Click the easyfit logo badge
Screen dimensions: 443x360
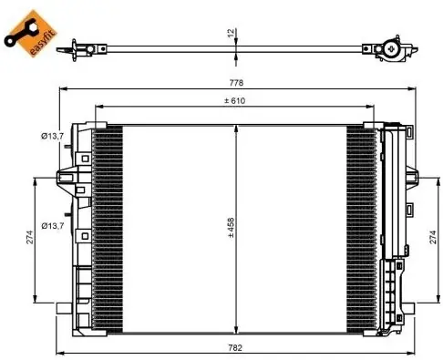click(30, 33)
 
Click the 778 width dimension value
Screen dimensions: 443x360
click(236, 83)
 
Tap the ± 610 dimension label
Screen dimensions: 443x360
click(234, 100)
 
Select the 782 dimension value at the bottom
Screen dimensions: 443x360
click(235, 347)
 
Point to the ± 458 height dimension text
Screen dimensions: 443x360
click(231, 227)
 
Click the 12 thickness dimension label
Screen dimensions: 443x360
click(232, 33)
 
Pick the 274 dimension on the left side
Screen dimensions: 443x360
click(29, 237)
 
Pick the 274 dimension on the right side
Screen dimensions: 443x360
click(433, 237)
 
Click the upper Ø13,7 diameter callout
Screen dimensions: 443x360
click(53, 136)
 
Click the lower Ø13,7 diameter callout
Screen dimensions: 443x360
click(53, 226)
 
